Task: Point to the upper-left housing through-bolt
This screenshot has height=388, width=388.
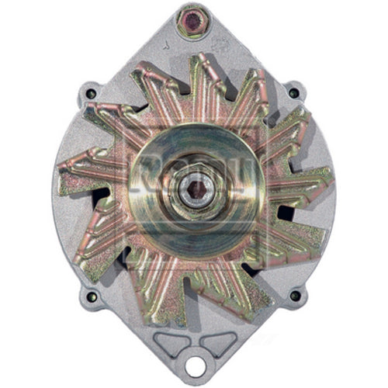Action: [x=91, y=94]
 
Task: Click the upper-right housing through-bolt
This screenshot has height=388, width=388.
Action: [x=293, y=93]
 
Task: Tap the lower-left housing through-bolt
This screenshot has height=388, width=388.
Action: [x=92, y=296]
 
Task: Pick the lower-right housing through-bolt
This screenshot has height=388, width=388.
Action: [x=296, y=296]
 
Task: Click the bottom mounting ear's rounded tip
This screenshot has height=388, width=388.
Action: [x=194, y=379]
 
